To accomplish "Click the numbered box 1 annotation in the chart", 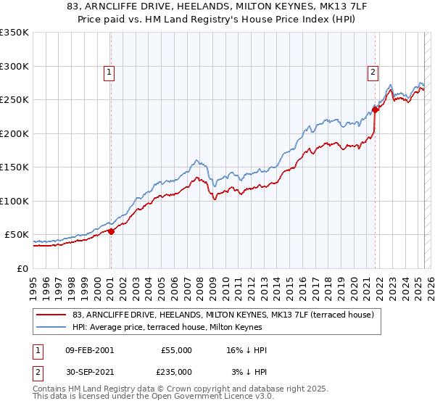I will tap(109, 72).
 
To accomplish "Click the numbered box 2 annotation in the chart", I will tap(372, 72).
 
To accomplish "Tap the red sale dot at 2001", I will tap(111, 231).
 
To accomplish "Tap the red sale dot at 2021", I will tap(376, 110).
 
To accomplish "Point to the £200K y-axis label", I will tap(14, 133).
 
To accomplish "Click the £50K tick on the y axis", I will tap(17, 235).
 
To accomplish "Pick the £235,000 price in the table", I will tap(177, 371).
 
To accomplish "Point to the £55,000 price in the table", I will tap(177, 350).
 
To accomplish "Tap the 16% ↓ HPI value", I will tap(246, 350).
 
